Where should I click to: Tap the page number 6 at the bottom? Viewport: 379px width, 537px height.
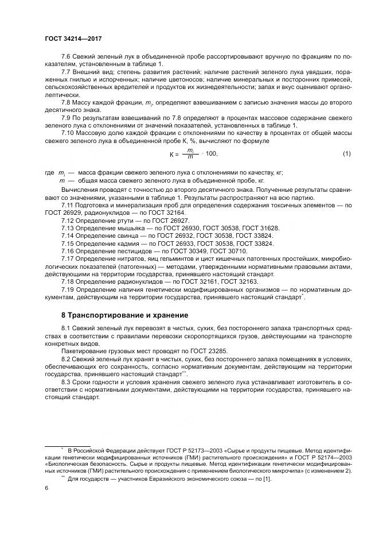pos(45,487)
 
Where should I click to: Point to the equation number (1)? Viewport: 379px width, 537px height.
pos(346,153)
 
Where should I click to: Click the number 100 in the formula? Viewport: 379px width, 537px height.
pos(212,154)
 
